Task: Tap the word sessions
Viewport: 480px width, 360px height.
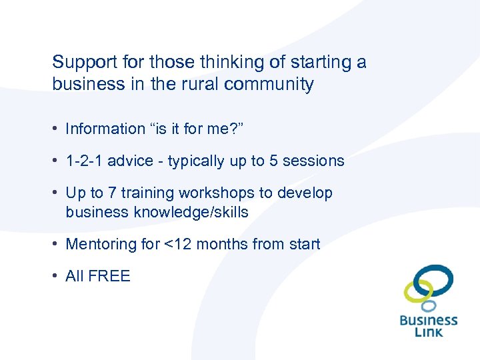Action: pos(322,161)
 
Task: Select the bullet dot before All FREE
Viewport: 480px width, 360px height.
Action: pos(57,276)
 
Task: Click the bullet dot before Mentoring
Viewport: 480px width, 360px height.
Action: pos(57,244)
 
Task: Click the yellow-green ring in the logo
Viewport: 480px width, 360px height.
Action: pos(419,290)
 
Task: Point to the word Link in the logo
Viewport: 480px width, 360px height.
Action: pos(429,331)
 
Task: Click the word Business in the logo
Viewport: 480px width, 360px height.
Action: pos(429,320)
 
